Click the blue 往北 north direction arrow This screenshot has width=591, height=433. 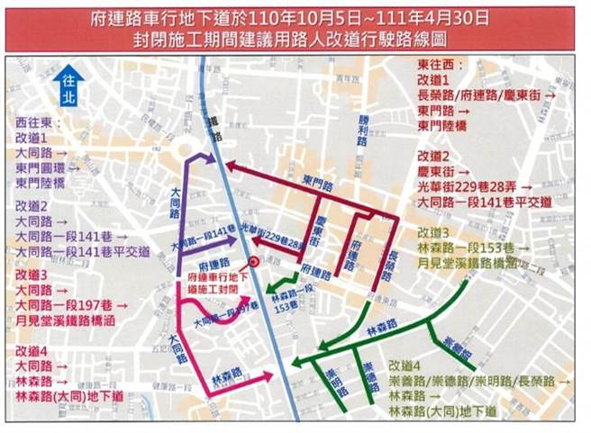[66, 89]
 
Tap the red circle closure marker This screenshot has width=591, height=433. [255, 262]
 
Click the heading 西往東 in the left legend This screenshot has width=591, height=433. [35, 121]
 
